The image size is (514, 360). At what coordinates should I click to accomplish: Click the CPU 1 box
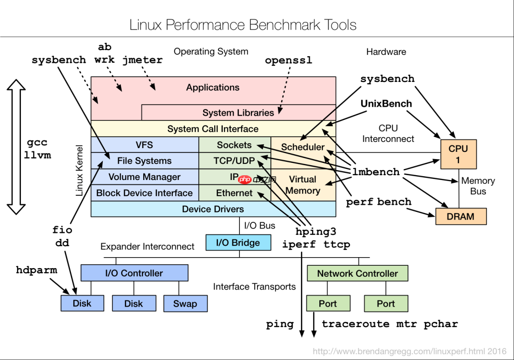pyautogui.click(x=458, y=154)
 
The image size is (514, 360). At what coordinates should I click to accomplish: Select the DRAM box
pyautogui.click(x=461, y=216)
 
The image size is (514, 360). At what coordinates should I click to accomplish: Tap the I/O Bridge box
pyautogui.click(x=238, y=242)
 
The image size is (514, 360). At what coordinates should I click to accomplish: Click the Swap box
pyautogui.click(x=185, y=303)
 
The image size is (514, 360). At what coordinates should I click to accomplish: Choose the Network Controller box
pyautogui.click(x=357, y=273)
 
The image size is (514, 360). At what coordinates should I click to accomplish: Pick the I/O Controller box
pyautogui.click(x=134, y=273)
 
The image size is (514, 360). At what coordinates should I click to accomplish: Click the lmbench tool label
pyautogui.click(x=376, y=172)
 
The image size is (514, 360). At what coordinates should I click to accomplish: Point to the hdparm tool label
pyautogui.click(x=36, y=270)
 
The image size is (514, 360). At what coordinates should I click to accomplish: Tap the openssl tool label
pyautogui.click(x=288, y=60)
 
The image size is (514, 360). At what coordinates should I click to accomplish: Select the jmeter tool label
pyautogui.click(x=142, y=60)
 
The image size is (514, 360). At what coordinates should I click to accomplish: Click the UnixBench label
pyautogui.click(x=386, y=103)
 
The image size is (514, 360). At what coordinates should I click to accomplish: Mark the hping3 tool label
pyautogui.click(x=316, y=231)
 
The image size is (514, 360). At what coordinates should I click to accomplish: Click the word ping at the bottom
pyautogui.click(x=279, y=324)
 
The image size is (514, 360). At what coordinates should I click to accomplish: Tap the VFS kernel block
pyautogui.click(x=144, y=145)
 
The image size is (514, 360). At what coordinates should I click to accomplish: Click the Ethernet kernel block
pyautogui.click(x=234, y=193)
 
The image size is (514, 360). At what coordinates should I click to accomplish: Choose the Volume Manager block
pyautogui.click(x=144, y=177)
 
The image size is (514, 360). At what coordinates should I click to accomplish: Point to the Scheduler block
pyautogui.click(x=303, y=147)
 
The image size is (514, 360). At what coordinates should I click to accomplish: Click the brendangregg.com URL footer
pyautogui.click(x=409, y=351)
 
